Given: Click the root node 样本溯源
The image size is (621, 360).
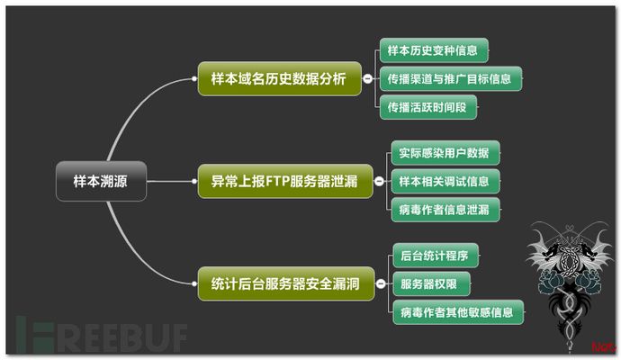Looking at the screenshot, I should (100, 181).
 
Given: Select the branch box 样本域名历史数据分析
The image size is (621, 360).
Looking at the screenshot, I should (278, 78).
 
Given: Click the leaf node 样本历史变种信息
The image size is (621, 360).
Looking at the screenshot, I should (433, 49).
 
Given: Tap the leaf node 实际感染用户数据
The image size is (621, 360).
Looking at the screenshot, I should (444, 152).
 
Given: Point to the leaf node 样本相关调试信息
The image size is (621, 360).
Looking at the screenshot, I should (444, 181).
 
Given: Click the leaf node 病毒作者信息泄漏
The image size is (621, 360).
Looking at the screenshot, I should (444, 210).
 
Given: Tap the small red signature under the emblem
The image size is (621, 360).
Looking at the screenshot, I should (601, 346).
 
